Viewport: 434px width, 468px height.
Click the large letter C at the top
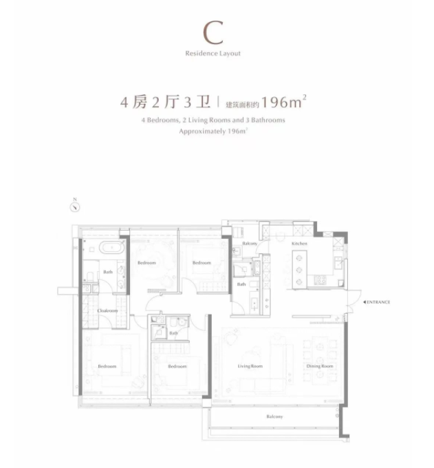tap(213, 32)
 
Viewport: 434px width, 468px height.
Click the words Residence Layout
tap(213, 54)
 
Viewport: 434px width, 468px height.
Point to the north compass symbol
tap(75, 207)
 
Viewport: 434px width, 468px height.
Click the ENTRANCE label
tap(378, 302)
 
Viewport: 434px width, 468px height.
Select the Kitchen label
tap(299, 243)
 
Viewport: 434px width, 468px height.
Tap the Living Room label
tap(250, 366)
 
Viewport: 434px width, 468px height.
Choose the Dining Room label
tap(319, 366)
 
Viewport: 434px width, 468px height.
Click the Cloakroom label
tap(107, 310)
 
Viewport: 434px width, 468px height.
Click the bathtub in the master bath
tap(111, 248)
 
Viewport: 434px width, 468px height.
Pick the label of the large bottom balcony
tap(274, 416)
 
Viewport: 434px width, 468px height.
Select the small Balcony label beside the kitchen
tap(250, 243)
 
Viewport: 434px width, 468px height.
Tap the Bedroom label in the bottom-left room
tap(107, 366)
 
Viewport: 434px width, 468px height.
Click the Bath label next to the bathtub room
tap(108, 272)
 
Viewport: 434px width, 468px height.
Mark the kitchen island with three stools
tap(299, 270)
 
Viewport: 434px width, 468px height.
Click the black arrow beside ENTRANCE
tap(365, 302)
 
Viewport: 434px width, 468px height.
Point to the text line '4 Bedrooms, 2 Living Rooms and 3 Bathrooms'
tap(213, 120)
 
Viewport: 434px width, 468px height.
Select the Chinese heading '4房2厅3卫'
tap(166, 102)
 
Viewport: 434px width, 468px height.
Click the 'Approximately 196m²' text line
tap(213, 131)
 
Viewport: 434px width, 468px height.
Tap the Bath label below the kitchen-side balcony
tap(241, 284)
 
